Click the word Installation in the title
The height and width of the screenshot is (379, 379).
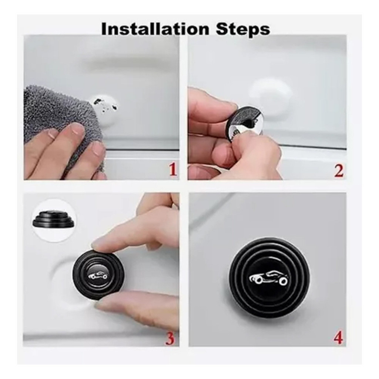pyautogui.click(x=155, y=29)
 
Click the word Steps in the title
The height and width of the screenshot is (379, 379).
pyautogui.click(x=243, y=30)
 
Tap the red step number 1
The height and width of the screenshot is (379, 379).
pyautogui.click(x=172, y=169)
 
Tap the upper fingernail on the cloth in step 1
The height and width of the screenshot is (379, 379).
pyautogui.click(x=77, y=129)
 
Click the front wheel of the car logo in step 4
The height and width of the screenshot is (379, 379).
pyautogui.click(x=283, y=281)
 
